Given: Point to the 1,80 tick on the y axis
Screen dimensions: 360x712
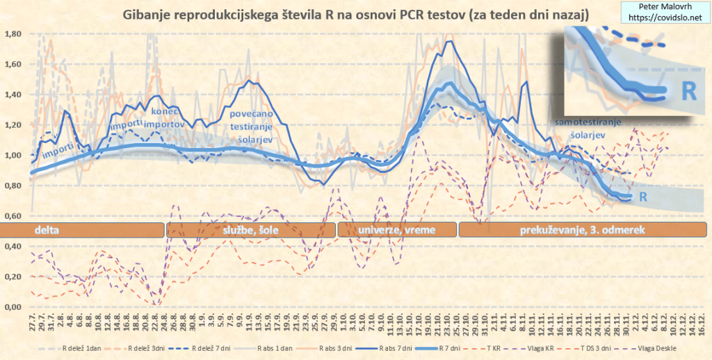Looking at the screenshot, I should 13,34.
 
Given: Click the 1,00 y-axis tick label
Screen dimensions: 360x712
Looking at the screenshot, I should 13,155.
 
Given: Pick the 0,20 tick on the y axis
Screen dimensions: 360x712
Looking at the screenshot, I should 13,277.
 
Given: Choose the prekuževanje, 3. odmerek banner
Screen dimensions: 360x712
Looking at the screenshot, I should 583,229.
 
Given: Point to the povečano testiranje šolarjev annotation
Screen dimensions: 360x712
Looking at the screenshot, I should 252,125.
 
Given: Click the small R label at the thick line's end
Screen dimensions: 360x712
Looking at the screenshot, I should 644,197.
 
